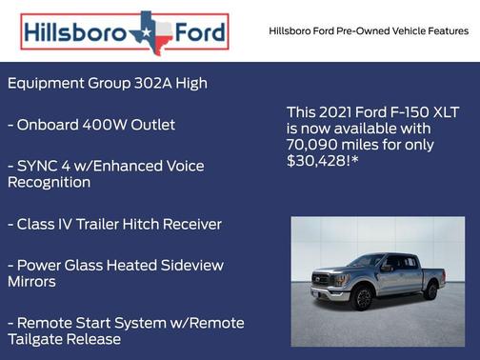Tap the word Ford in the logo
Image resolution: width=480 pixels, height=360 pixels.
pos(199,33)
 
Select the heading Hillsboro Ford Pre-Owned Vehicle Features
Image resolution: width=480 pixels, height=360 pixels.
pos(369,31)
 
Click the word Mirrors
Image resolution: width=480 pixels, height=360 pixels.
pos(31,282)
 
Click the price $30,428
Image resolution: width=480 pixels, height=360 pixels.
pos(321,161)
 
